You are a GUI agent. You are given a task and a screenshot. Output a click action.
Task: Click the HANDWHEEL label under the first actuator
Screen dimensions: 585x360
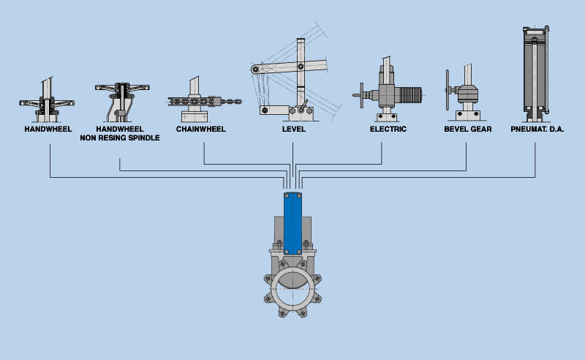click(x=48, y=130)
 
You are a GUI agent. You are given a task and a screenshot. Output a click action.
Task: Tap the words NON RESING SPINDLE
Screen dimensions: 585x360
click(x=120, y=138)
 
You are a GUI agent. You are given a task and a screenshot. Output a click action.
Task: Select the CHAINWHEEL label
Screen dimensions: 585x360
click(x=200, y=130)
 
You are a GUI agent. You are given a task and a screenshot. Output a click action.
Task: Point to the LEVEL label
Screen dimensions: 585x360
click(x=294, y=130)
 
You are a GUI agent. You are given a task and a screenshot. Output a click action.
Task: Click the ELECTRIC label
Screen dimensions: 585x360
click(x=388, y=130)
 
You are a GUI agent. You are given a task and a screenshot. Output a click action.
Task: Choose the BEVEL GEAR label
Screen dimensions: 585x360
click(x=468, y=130)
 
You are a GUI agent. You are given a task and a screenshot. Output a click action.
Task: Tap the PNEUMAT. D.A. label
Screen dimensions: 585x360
click(x=537, y=130)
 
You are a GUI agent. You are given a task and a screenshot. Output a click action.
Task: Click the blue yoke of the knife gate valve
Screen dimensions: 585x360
click(x=293, y=223)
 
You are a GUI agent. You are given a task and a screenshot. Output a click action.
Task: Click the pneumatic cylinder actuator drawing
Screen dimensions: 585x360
click(x=536, y=74)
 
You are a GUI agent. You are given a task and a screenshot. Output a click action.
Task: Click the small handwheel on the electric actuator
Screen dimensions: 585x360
click(x=361, y=96)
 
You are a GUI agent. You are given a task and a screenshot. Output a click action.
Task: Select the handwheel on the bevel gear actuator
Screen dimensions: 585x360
click(x=448, y=90)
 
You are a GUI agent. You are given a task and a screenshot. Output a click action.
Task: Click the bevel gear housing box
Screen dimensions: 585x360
click(x=468, y=94)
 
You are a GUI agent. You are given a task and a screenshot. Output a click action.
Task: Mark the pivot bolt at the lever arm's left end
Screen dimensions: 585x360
click(x=255, y=69)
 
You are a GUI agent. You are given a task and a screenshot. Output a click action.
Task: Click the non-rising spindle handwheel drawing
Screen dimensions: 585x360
click(x=122, y=102)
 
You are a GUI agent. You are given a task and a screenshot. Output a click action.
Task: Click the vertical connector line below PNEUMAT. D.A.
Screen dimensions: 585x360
click(x=535, y=160)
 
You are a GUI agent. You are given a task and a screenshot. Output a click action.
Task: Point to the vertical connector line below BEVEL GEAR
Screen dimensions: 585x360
click(x=467, y=157)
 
